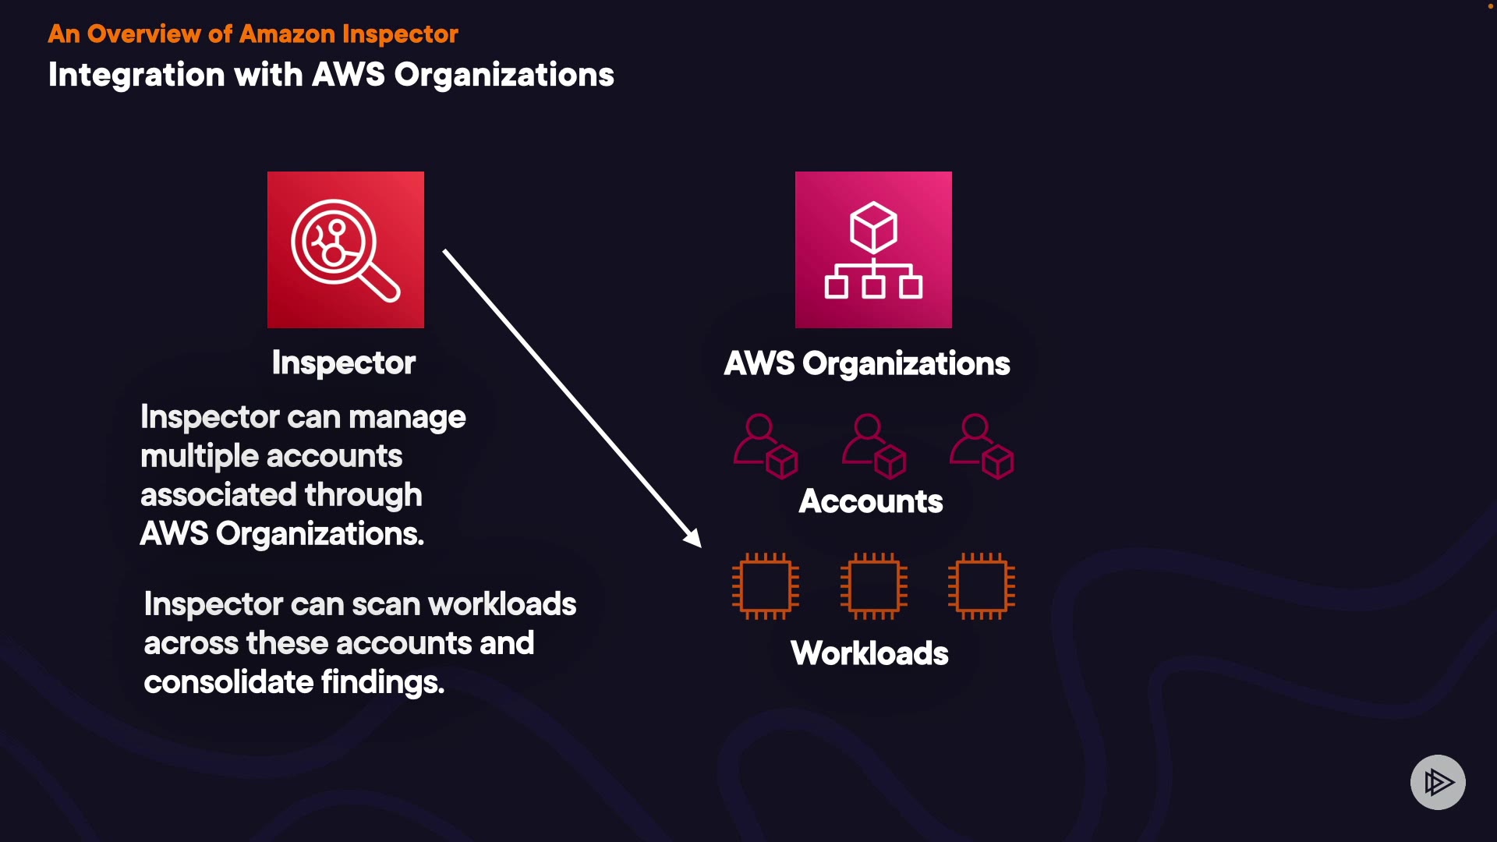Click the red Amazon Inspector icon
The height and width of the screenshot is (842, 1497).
345,249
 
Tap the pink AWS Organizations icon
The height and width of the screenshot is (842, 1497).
873,249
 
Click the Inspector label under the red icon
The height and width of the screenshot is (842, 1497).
344,363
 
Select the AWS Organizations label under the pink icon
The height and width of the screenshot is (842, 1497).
867,364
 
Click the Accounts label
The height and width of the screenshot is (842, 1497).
871,501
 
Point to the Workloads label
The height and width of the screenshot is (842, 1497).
869,653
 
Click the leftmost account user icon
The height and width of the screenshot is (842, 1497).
766,446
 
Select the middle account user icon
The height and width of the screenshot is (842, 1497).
874,446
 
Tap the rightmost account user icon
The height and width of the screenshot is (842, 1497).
982,446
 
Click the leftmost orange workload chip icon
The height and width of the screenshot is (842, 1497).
766,586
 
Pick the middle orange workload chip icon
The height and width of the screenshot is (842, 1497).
874,586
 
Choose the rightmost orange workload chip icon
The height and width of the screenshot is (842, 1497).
982,586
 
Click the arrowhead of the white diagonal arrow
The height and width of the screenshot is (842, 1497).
693,539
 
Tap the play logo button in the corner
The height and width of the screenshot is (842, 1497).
1438,782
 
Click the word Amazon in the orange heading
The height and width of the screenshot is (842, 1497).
287,34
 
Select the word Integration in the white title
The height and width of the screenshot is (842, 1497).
136,75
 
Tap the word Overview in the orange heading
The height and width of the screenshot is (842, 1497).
143,34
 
